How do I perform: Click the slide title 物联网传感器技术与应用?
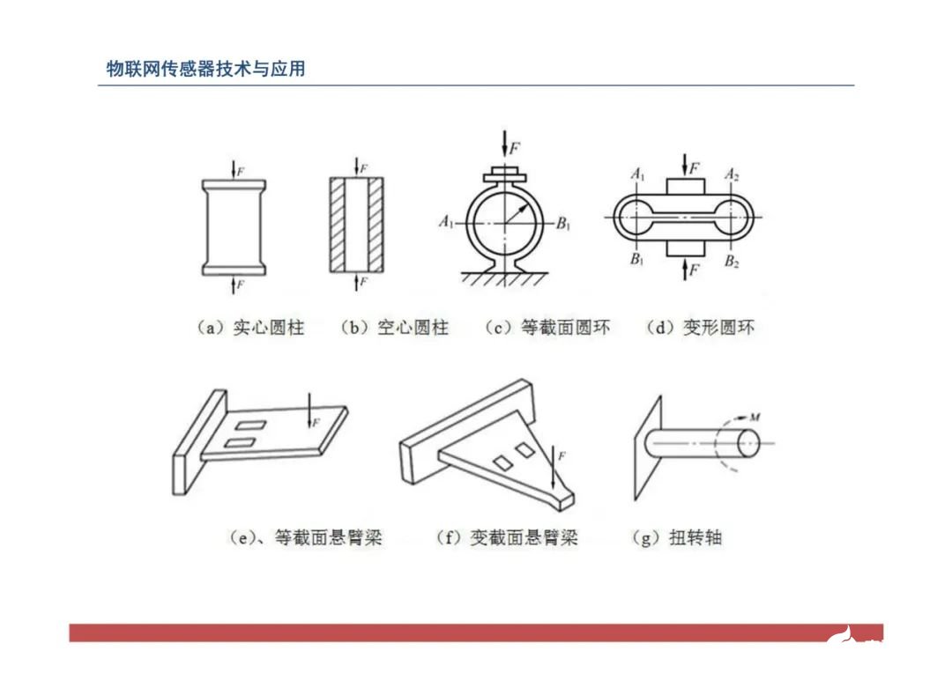205,69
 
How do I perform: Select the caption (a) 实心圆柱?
249,328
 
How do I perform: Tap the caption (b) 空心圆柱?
394,328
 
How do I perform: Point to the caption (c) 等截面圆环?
547,328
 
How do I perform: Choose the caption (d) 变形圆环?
701,328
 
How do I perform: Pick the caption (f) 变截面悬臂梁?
508,537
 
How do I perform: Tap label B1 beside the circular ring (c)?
564,223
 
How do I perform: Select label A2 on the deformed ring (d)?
732,175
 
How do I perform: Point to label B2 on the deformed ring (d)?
732,261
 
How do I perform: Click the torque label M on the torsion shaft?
754,416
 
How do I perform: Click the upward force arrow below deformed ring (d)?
684,270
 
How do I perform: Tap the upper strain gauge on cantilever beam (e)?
253,425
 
